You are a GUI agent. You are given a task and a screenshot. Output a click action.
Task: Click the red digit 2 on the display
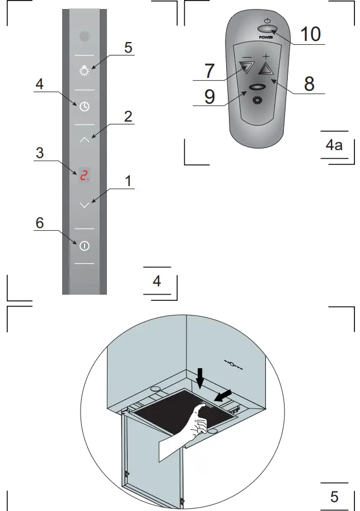tap(84, 175)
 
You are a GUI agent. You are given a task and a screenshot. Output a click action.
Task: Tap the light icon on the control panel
tap(84, 72)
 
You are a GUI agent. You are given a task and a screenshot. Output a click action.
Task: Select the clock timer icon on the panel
tap(84, 105)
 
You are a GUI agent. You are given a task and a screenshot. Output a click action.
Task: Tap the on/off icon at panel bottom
tap(84, 245)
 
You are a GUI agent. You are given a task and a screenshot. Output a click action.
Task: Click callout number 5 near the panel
tap(128, 47)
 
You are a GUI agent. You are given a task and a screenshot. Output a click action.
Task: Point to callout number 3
tap(39, 153)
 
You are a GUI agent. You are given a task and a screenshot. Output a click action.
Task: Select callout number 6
tap(39, 222)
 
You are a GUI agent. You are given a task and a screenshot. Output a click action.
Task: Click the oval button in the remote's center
tap(257, 87)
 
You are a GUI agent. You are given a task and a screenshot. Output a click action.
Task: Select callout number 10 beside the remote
tap(310, 34)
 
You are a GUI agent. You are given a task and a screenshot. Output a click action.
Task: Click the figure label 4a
tap(334, 146)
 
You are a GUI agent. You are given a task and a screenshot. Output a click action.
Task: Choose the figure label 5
tap(334, 496)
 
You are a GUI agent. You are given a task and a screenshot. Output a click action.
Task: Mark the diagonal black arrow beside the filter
tap(222, 396)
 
